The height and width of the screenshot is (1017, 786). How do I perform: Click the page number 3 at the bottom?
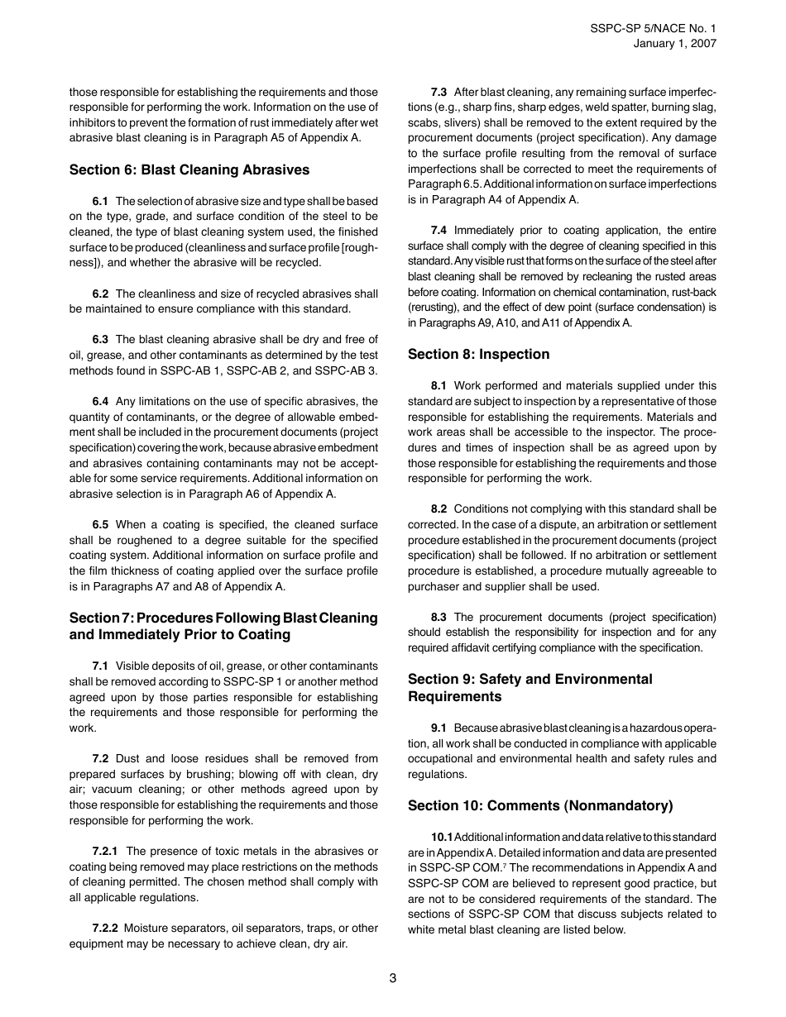pos(393,978)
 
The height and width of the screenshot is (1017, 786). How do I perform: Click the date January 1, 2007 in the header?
pos(675,43)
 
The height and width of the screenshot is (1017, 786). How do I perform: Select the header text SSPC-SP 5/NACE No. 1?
pos(654,27)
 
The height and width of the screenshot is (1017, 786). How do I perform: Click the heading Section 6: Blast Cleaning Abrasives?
pos(189,169)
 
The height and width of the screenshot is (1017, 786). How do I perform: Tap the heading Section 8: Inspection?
pos(478,354)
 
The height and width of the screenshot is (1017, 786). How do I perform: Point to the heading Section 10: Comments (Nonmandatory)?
pos(540,805)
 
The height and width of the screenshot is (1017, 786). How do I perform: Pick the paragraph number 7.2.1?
pos(105,851)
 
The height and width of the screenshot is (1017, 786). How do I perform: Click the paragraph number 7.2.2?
pos(105,928)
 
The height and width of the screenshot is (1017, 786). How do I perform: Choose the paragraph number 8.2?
pos(439,509)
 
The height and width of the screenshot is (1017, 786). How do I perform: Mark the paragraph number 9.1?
pos(439,728)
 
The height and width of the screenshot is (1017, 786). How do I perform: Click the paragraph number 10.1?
pos(441,838)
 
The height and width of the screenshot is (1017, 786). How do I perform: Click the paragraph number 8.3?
pos(439,617)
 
